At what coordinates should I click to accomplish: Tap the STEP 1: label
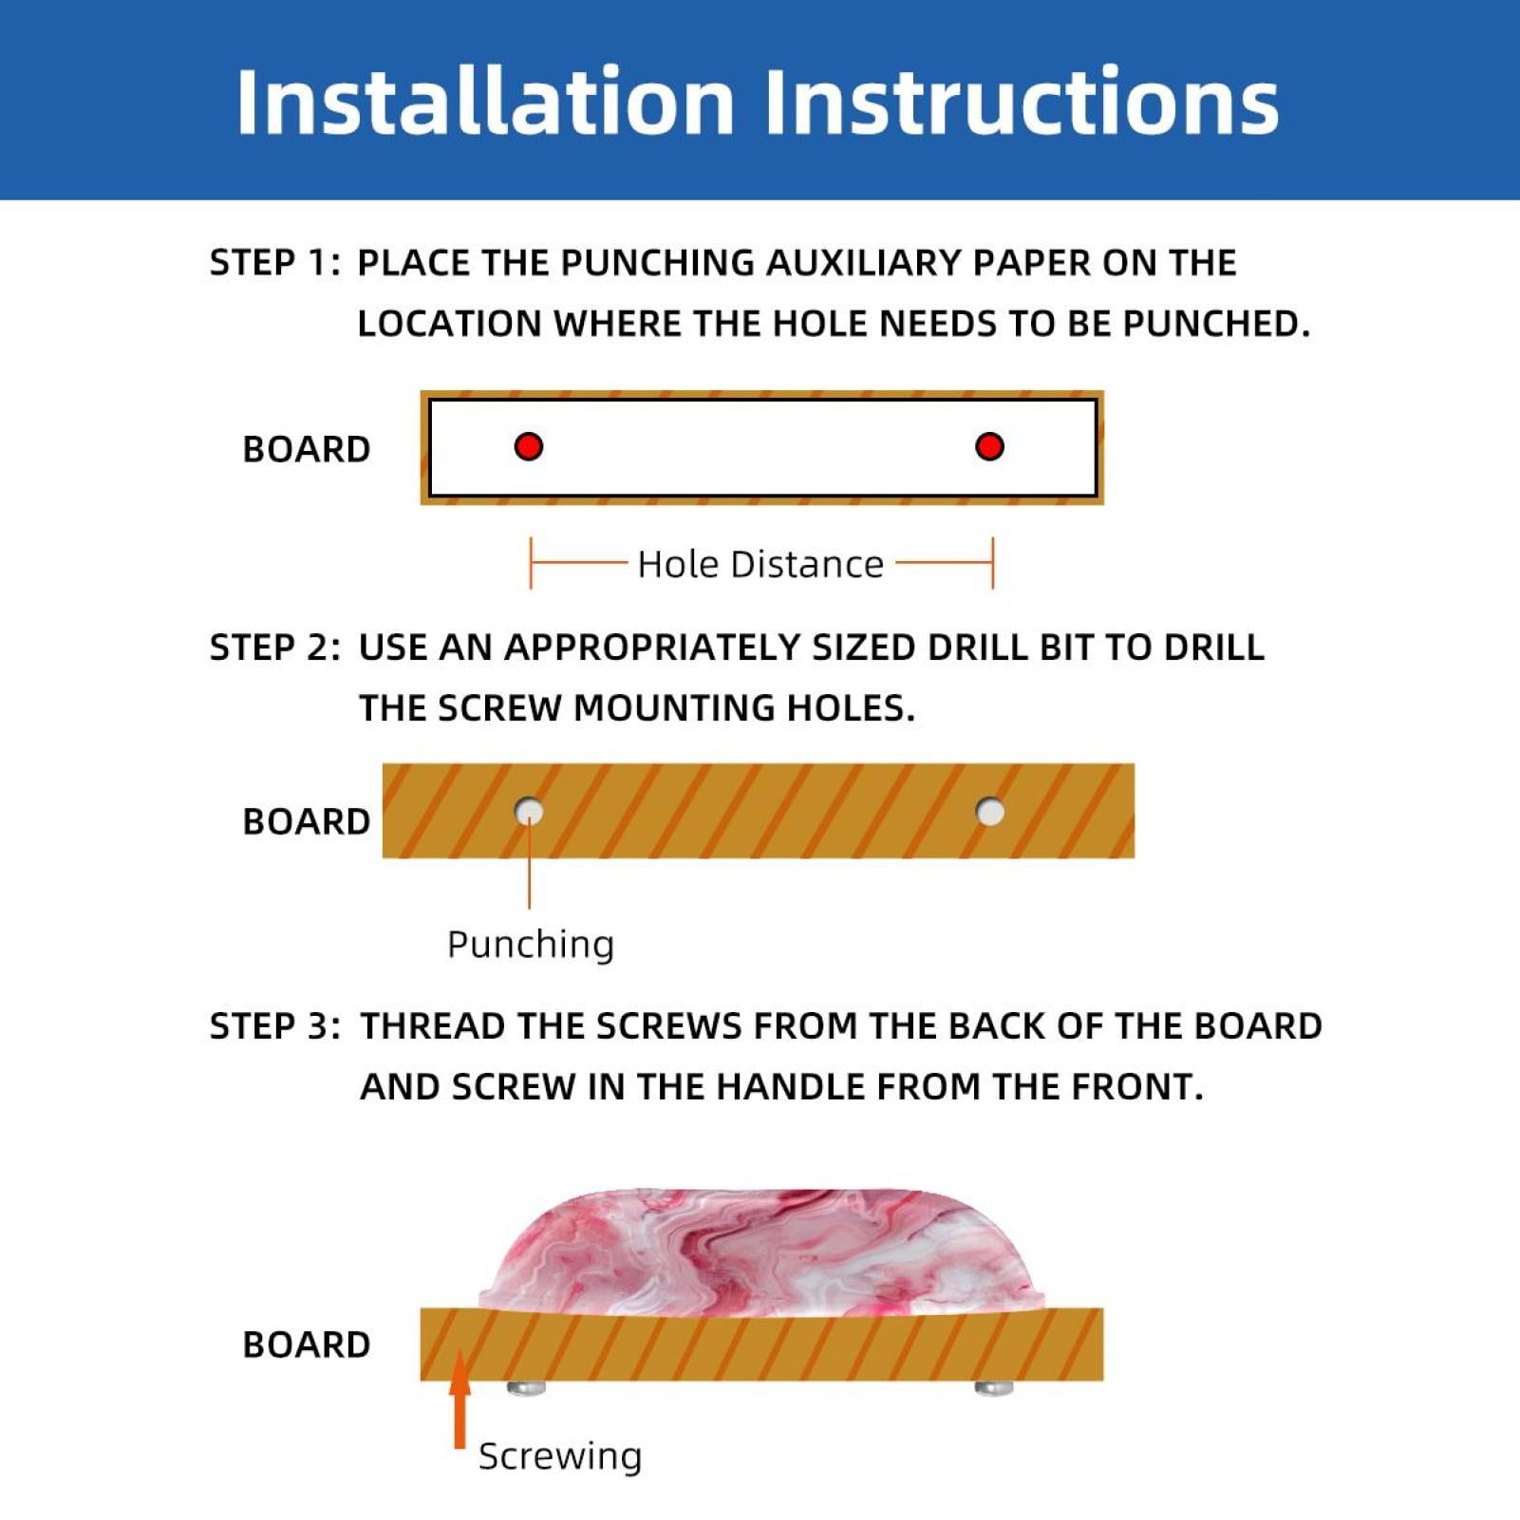pyautogui.click(x=274, y=262)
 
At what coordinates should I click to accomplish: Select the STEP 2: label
pyautogui.click(x=274, y=647)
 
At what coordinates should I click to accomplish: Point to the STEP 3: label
pyautogui.click(x=274, y=1025)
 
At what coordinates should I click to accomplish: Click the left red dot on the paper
pyautogui.click(x=529, y=446)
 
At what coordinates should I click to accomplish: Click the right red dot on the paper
pyautogui.click(x=989, y=446)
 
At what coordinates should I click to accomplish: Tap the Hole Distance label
pyautogui.click(x=760, y=564)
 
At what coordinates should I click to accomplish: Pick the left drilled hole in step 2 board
pyautogui.click(x=529, y=812)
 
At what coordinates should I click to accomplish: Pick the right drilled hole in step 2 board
pyautogui.click(x=990, y=812)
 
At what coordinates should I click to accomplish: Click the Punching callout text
pyautogui.click(x=531, y=945)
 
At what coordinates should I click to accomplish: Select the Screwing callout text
pyautogui.click(x=560, y=1455)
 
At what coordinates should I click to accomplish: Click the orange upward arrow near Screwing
pyautogui.click(x=460, y=1400)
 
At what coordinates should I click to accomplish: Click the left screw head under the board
pyautogui.click(x=526, y=1388)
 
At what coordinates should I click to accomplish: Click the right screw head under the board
pyautogui.click(x=994, y=1388)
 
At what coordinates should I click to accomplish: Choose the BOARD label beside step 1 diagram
pyautogui.click(x=307, y=449)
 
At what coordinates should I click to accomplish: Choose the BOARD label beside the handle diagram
pyautogui.click(x=307, y=1344)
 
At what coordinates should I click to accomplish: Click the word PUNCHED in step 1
pyautogui.click(x=1216, y=324)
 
